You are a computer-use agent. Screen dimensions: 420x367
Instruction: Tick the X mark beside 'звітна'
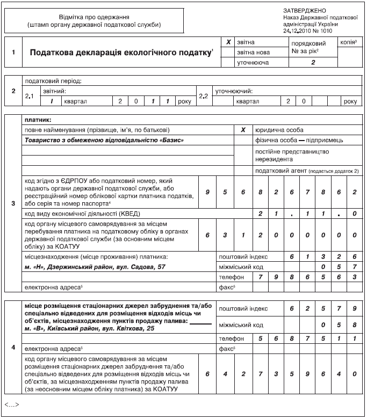pyautogui.click(x=228, y=42)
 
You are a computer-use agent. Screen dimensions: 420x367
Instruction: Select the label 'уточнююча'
pyautogui.click(x=254, y=63)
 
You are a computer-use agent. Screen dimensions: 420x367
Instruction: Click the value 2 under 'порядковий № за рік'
pyautogui.click(x=313, y=63)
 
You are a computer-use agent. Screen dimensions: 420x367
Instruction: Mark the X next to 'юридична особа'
pyautogui.click(x=243, y=130)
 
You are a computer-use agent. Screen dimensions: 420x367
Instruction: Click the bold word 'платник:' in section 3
pyautogui.click(x=38, y=120)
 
